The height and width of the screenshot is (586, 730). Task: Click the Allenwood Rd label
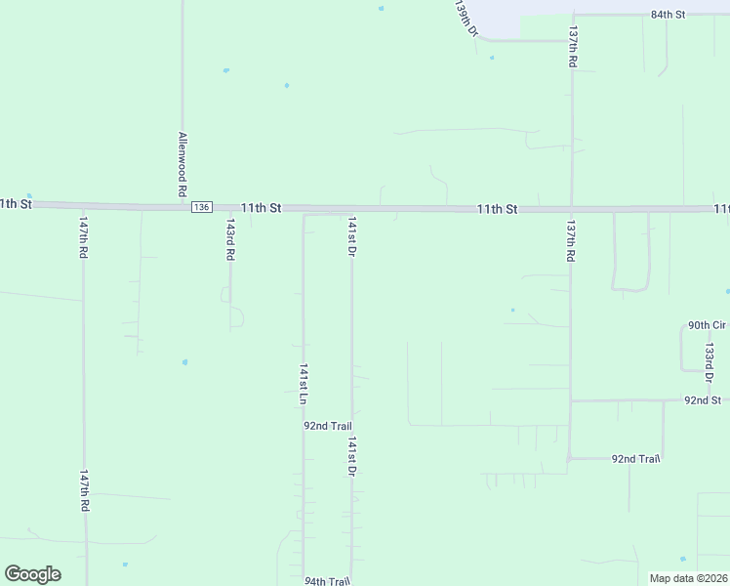click(x=182, y=164)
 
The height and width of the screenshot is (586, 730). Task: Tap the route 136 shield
click(x=201, y=207)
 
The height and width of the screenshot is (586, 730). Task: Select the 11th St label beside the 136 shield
click(x=261, y=208)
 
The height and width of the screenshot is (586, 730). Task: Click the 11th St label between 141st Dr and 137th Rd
click(x=497, y=209)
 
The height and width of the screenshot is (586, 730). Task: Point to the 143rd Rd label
click(x=230, y=239)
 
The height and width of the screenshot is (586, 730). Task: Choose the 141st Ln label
click(x=304, y=385)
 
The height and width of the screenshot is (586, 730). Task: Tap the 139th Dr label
click(x=466, y=18)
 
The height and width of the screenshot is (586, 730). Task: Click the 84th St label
click(x=669, y=16)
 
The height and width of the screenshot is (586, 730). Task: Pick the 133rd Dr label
click(x=710, y=362)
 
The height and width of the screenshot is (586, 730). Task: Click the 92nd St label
click(x=702, y=400)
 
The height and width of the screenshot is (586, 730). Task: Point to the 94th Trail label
click(x=326, y=580)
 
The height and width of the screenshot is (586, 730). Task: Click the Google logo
click(x=32, y=574)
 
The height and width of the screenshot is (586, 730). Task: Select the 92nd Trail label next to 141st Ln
click(x=327, y=426)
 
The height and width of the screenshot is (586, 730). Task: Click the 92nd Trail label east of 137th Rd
click(x=636, y=458)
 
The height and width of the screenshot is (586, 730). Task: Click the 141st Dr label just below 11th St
click(x=351, y=236)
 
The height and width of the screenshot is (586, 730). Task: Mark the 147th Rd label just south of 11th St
click(x=84, y=238)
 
